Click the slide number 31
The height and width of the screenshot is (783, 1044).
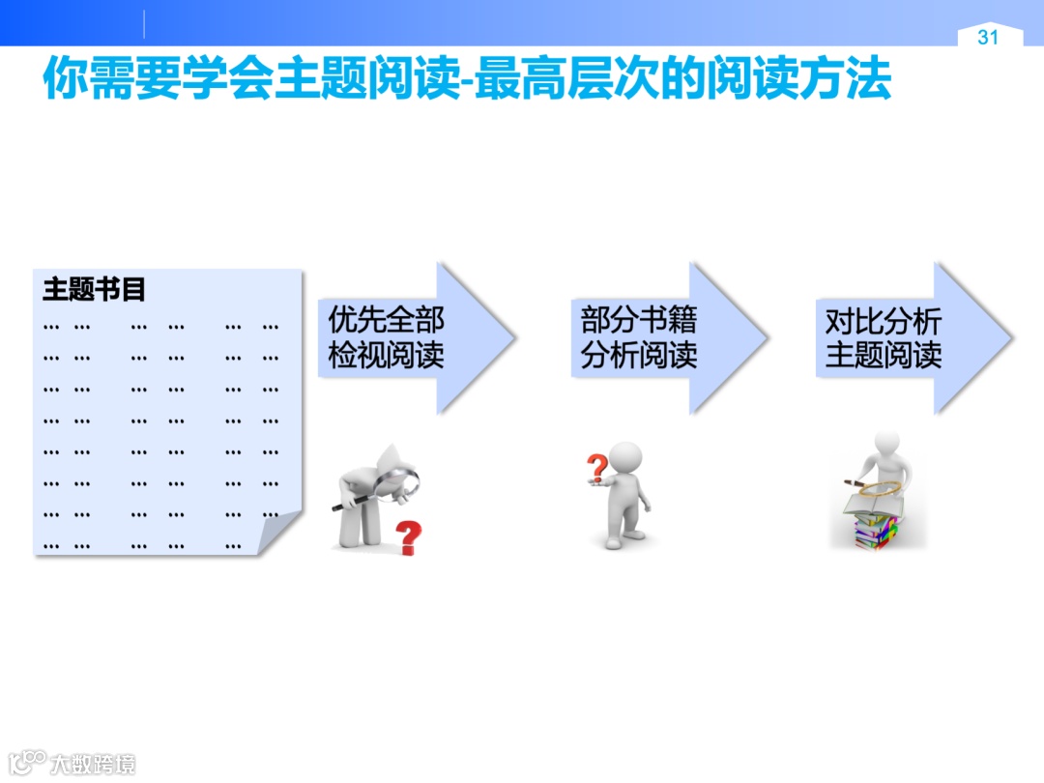[987, 38]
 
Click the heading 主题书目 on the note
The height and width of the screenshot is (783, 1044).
[94, 289]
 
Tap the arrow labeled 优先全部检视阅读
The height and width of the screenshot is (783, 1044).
[416, 338]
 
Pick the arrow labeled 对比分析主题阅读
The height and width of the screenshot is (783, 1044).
[913, 338]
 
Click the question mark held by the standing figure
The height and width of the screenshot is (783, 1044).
[597, 468]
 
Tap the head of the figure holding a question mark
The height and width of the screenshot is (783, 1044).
[626, 458]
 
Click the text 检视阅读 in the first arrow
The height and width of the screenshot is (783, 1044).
[386, 356]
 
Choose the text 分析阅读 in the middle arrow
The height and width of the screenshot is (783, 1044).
[638, 356]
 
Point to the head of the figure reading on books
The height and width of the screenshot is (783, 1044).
[885, 443]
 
